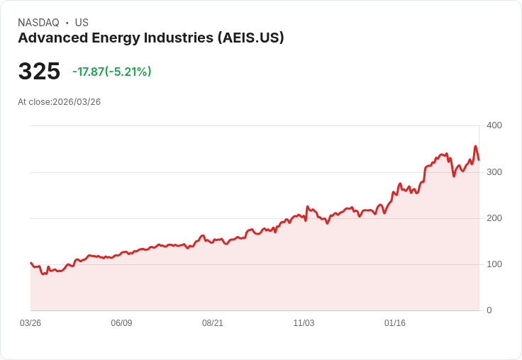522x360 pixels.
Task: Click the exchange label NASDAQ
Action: [38, 23]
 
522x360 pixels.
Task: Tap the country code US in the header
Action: [82, 23]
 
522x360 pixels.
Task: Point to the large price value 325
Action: [39, 72]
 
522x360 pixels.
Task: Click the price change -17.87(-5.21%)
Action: [112, 72]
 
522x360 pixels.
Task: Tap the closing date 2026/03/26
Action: [77, 102]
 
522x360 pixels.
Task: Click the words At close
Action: [34, 102]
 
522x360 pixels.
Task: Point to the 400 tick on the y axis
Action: [494, 125]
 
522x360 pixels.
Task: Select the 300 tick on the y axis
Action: [494, 172]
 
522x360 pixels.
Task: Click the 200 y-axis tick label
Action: [494, 218]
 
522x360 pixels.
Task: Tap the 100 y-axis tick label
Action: [494, 264]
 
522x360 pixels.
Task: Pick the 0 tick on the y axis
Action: [489, 310]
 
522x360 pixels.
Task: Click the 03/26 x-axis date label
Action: [30, 323]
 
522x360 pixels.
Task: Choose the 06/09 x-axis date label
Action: [121, 323]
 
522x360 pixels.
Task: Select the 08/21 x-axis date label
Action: [213, 323]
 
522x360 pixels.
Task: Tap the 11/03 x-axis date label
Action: [304, 323]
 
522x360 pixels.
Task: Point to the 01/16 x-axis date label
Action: [395, 323]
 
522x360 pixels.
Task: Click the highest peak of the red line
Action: [475, 147]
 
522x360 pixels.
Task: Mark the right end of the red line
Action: [479, 159]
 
